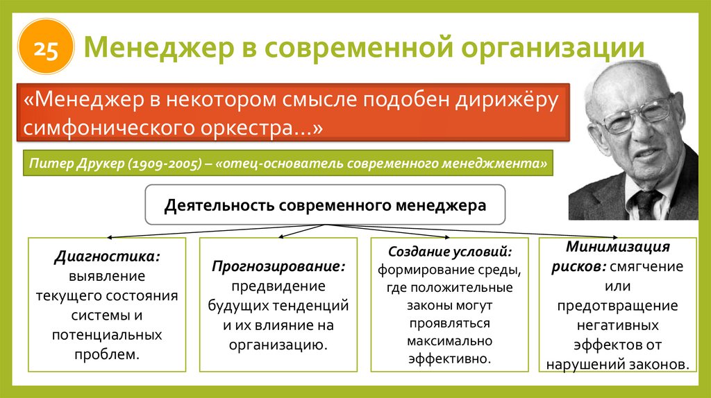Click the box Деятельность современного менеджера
(x=325, y=205)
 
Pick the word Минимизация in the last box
(x=617, y=248)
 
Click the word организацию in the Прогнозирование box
(x=278, y=345)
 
